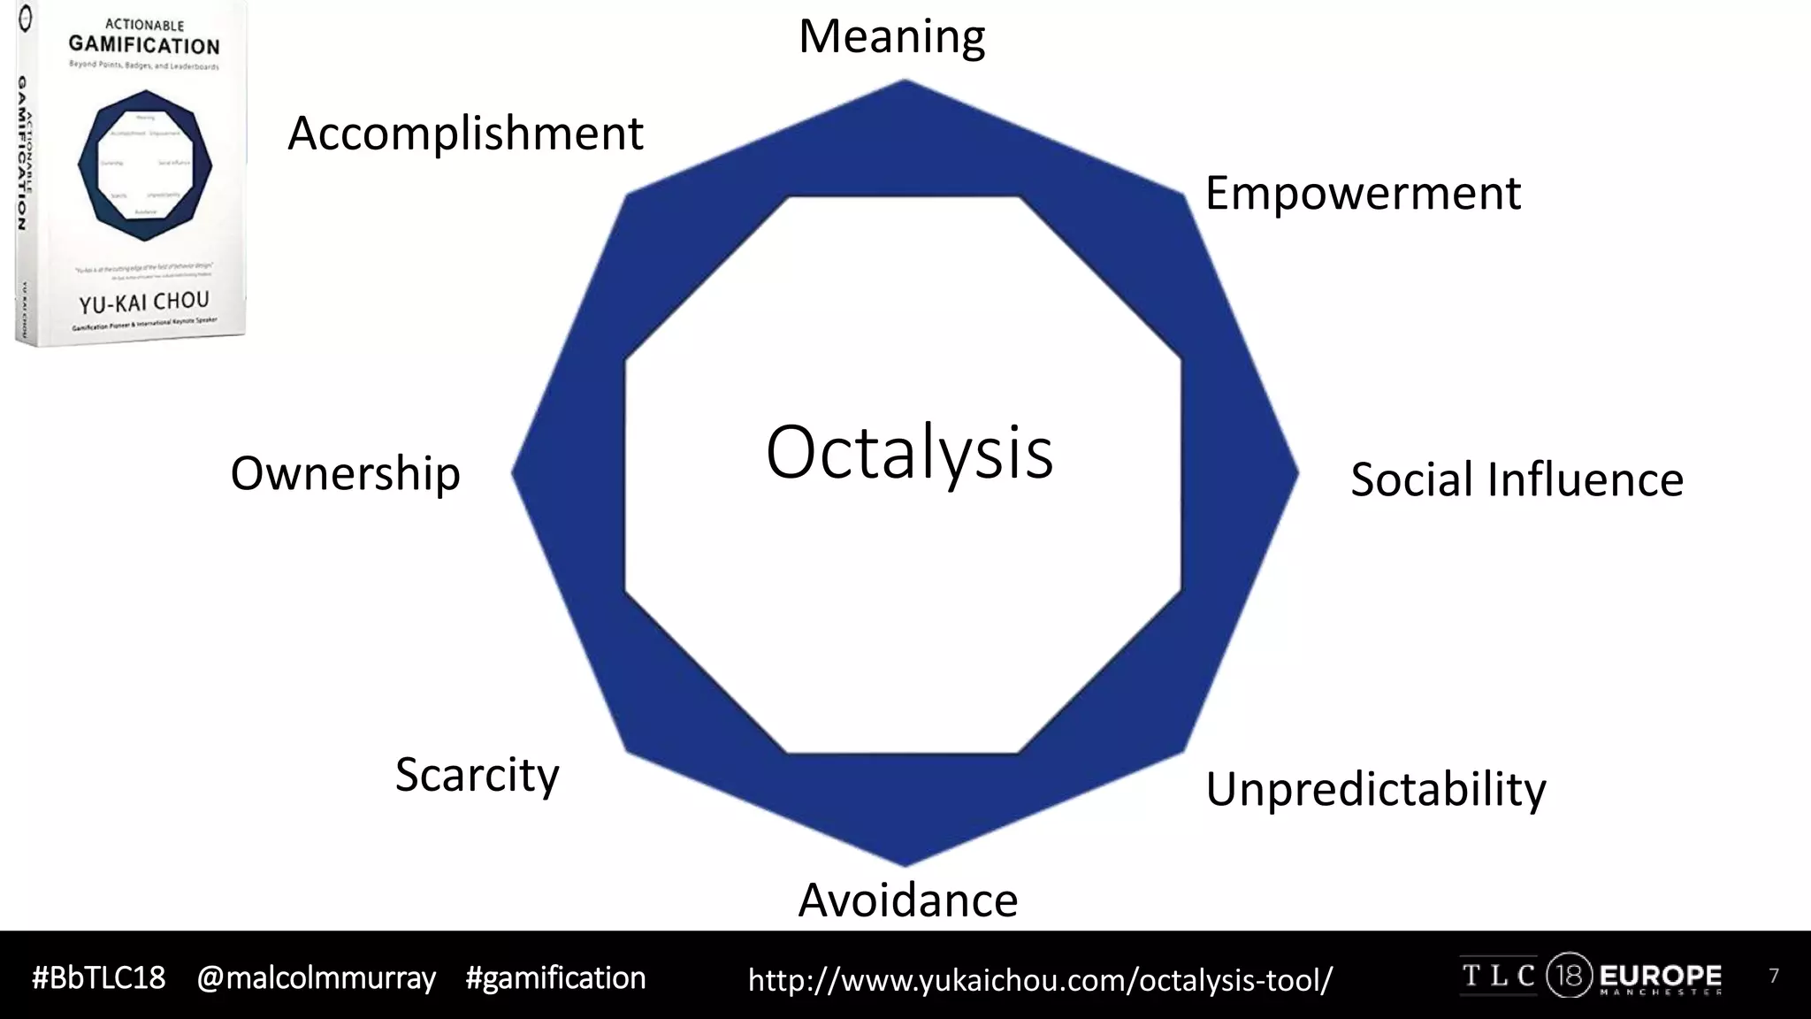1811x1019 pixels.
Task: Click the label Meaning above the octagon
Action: coord(891,37)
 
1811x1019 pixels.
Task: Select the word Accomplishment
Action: coord(465,134)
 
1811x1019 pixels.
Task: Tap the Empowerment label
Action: coord(1362,194)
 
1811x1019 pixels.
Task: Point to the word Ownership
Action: coord(345,474)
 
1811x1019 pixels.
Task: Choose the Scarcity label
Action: coord(477,776)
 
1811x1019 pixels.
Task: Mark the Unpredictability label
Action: coord(1375,789)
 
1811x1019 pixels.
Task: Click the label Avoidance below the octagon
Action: coord(908,900)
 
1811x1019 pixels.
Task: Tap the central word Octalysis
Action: coord(909,452)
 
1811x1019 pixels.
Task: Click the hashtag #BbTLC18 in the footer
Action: coord(98,978)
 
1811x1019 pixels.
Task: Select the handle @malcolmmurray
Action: coord(316,978)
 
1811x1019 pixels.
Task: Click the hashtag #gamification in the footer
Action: coord(555,978)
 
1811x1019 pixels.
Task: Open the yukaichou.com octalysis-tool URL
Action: coord(1040,980)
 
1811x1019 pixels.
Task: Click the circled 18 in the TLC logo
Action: coord(1569,977)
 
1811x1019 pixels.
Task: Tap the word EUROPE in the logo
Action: coord(1660,976)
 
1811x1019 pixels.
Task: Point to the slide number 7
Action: coord(1773,977)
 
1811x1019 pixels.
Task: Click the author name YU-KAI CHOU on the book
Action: coord(144,303)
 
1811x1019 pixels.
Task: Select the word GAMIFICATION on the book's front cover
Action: coord(144,45)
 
